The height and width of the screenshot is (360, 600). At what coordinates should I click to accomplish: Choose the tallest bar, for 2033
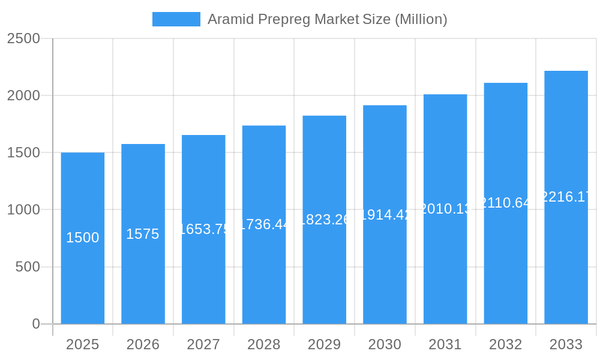point(566,252)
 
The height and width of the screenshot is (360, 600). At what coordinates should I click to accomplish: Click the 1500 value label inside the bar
point(83,238)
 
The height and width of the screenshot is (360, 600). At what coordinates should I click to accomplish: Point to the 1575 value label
point(143,234)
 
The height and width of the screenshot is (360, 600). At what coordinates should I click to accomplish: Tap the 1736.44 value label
point(264,224)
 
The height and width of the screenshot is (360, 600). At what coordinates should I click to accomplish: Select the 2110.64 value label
point(506,203)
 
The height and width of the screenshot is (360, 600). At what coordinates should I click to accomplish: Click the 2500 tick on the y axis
point(23,38)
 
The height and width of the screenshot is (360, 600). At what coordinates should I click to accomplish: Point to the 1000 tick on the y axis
point(23,210)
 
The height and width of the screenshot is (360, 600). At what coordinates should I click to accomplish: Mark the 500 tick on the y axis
point(28,267)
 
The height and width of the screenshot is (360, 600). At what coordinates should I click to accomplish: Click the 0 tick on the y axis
point(36,324)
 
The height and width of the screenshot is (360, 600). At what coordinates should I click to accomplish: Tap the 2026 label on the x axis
point(143,344)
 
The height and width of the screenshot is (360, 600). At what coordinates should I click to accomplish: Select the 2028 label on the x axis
point(264,344)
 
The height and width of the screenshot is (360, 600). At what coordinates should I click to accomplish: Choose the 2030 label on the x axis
point(385,344)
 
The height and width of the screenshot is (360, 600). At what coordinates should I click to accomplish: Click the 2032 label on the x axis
point(506,344)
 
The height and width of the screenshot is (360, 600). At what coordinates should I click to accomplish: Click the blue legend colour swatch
point(176,19)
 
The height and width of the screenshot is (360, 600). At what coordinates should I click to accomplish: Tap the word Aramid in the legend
point(230,19)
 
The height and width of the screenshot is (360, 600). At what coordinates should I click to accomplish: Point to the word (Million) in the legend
point(421,19)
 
